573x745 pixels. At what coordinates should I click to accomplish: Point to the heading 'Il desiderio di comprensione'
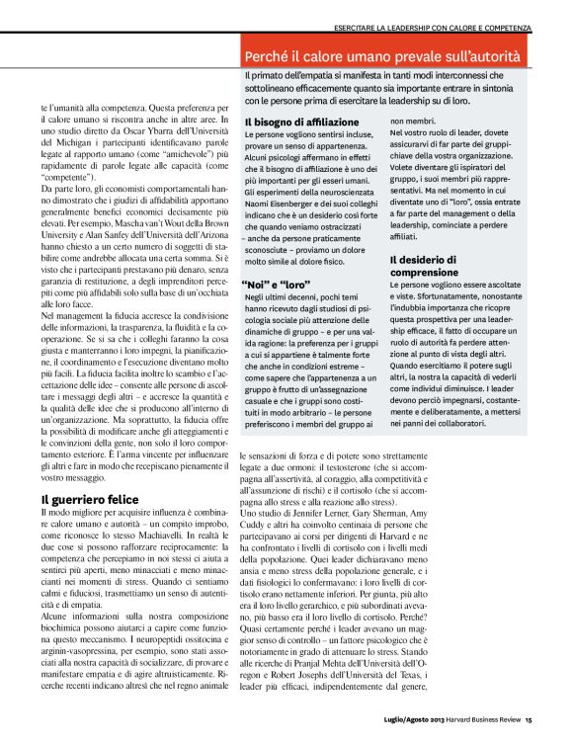pyautogui.click(x=439, y=267)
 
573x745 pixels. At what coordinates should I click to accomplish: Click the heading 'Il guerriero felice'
pyautogui.click(x=90, y=500)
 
